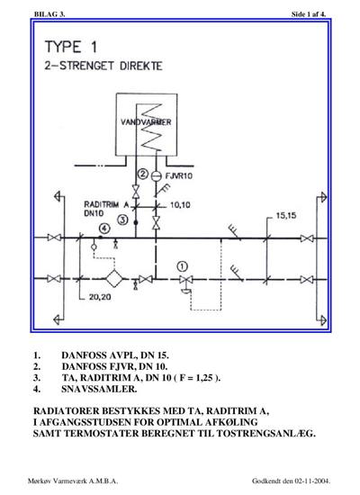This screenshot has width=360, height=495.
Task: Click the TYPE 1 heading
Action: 71,47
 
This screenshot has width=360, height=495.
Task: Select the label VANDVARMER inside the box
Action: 146,121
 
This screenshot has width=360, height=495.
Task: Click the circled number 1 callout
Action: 182,266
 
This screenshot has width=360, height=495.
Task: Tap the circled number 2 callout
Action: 143,174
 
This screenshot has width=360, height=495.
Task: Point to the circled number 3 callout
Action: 122,219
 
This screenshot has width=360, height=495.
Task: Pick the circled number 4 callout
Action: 104,229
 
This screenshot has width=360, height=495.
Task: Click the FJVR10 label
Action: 179,175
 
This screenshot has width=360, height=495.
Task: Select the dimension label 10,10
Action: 180,205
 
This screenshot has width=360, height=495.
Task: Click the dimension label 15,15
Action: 286,216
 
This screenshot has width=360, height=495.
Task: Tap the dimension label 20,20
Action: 100,297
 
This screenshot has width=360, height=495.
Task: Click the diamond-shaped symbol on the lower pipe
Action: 113,278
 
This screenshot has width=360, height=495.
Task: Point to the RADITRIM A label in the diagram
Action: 106,204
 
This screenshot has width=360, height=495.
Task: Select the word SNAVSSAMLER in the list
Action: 99,389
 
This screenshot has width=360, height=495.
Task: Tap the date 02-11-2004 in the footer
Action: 312,481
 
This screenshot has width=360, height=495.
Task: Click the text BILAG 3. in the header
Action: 49,14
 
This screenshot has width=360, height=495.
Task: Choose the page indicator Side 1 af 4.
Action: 309,14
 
